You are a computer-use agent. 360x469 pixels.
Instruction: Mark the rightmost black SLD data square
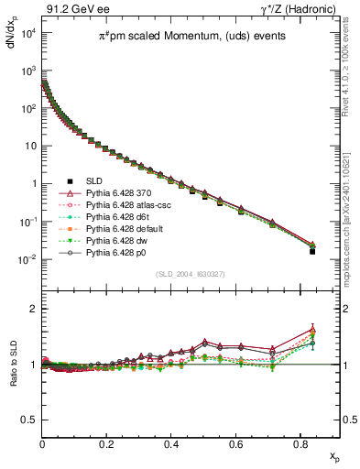tap(312, 250)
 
